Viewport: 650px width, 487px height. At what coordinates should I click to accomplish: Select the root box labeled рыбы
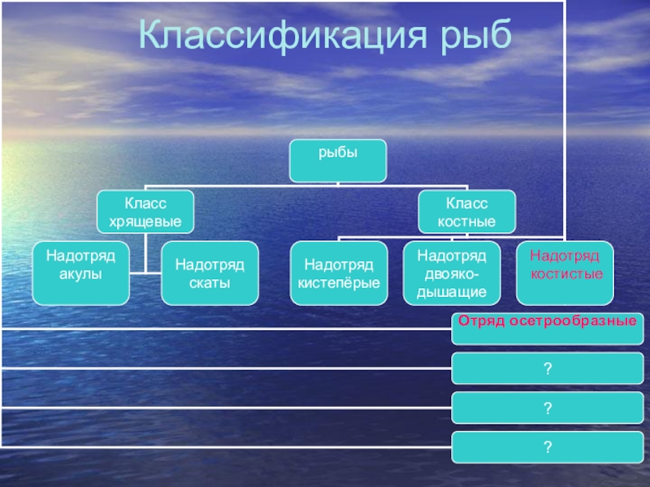[x=337, y=160]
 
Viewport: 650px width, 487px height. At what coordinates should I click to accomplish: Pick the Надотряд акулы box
[x=80, y=273]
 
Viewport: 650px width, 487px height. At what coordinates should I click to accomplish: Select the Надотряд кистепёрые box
[x=338, y=273]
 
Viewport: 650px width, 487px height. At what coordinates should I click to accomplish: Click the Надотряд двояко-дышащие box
[x=452, y=273]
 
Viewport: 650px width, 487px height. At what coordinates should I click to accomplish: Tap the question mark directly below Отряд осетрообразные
[x=547, y=369]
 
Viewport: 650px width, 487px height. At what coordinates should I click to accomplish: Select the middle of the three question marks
[x=547, y=408]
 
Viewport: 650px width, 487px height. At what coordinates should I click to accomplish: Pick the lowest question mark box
[x=547, y=448]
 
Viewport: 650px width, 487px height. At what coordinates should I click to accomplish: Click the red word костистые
[x=566, y=275]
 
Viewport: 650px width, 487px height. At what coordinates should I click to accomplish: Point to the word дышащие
[x=452, y=291]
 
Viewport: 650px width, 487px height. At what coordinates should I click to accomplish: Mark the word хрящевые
[x=145, y=220]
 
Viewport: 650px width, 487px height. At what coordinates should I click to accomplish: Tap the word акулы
[x=80, y=274]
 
